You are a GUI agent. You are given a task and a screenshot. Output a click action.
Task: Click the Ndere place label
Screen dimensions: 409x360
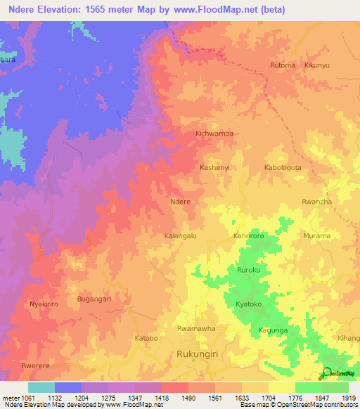[181, 201]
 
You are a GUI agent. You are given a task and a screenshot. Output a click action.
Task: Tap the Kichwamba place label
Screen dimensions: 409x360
[214, 133]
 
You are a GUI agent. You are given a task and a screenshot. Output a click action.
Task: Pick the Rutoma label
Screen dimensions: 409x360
[283, 65]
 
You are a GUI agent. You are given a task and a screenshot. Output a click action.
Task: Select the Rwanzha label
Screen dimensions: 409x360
[316, 202]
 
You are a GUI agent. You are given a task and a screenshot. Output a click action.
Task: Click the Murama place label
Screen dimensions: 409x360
[316, 236]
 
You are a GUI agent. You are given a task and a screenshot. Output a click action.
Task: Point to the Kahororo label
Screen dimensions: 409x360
[249, 236]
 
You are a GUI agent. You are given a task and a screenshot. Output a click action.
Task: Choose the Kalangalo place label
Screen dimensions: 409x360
[180, 236]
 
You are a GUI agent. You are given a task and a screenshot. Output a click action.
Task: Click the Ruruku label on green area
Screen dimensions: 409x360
[249, 270]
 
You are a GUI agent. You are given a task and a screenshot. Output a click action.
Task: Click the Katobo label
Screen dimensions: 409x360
[146, 338]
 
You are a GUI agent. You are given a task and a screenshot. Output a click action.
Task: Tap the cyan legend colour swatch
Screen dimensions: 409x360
[41, 387]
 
